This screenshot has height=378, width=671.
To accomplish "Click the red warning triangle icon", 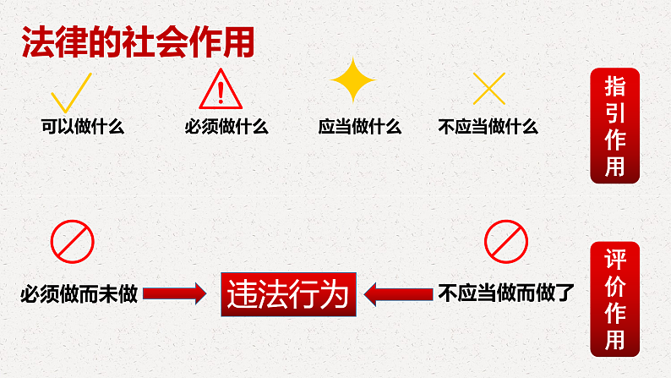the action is tap(221, 90).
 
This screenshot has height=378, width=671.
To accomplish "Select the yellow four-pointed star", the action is tap(352, 81).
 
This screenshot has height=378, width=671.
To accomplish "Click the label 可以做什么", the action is tap(83, 128).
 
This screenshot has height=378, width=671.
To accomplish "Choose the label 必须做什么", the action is tap(226, 128).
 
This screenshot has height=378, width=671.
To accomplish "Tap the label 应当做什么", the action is tap(359, 128).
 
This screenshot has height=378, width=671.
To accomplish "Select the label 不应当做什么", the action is tap(488, 128).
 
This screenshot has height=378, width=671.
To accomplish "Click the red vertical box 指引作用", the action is tap(614, 125).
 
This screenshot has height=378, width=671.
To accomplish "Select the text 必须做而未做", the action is tap(78, 294).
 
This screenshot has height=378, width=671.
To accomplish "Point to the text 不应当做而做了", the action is tap(506, 294).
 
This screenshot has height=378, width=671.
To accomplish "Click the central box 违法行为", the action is tap(287, 294).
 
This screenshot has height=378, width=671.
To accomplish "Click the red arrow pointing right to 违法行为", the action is tap(174, 294).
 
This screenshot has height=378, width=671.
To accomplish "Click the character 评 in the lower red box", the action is tap(614, 259).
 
